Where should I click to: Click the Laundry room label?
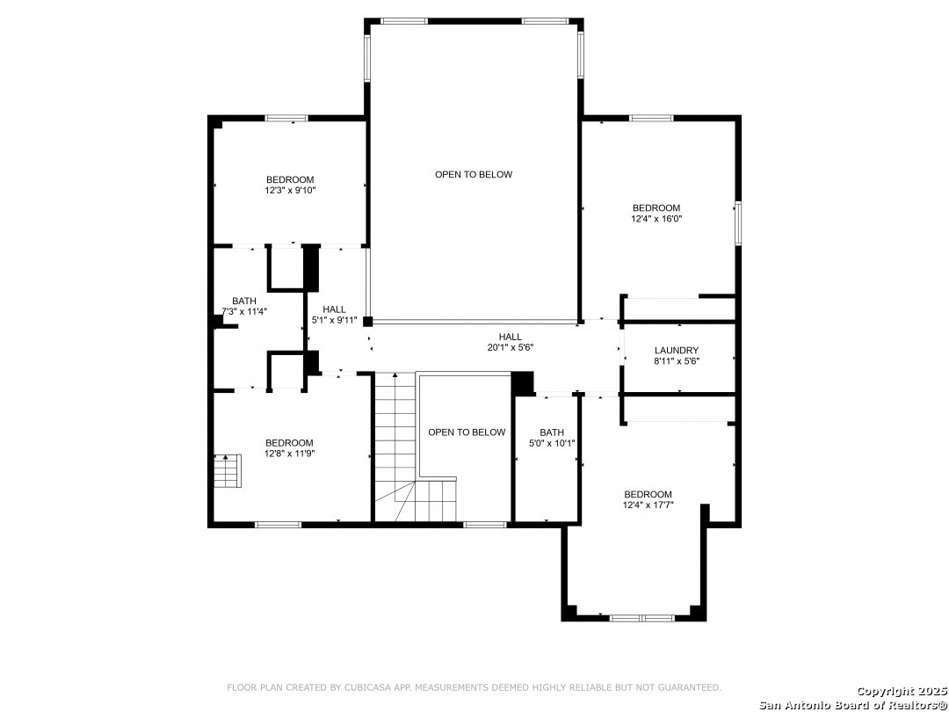pyautogui.click(x=677, y=351)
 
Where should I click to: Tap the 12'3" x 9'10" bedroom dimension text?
pyautogui.click(x=291, y=190)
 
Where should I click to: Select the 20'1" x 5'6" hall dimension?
pyautogui.click(x=511, y=347)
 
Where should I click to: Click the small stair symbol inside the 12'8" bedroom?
pyautogui.click(x=228, y=470)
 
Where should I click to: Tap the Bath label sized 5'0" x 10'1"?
pyautogui.click(x=552, y=432)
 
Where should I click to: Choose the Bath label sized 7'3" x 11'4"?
pyautogui.click(x=244, y=301)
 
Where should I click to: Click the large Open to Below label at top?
pyautogui.click(x=474, y=174)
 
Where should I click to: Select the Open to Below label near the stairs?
pyautogui.click(x=467, y=432)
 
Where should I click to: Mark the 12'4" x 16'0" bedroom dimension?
pyautogui.click(x=656, y=219)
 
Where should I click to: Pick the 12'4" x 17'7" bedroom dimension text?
pyautogui.click(x=648, y=505)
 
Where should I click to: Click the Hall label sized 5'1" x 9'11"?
pyautogui.click(x=334, y=309)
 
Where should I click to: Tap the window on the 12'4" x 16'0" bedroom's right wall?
pyautogui.click(x=738, y=223)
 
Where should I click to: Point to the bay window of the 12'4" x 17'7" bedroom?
pyautogui.click(x=641, y=618)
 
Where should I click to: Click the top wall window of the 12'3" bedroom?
pyautogui.click(x=286, y=118)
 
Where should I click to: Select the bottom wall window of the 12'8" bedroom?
pyautogui.click(x=278, y=524)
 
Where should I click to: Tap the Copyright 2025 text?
pyautogui.click(x=902, y=691)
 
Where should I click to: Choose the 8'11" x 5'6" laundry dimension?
pyautogui.click(x=677, y=361)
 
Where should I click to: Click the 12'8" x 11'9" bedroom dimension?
pyautogui.click(x=290, y=453)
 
